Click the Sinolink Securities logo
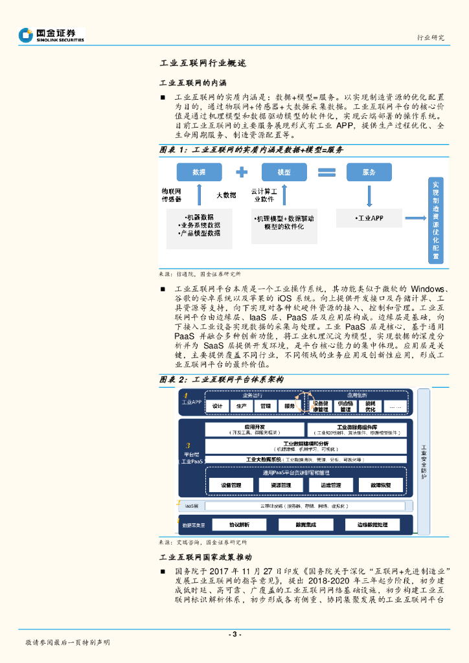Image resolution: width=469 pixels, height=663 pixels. coord(51,35)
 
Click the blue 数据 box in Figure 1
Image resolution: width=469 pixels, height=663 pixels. coord(199,172)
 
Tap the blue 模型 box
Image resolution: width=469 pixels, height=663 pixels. coord(284,172)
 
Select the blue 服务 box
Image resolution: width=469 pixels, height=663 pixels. coord(369,172)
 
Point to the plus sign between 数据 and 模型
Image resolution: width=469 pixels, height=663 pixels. coord(242,172)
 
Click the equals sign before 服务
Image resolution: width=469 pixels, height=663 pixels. coord(326,172)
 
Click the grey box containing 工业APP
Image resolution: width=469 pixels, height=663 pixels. coord(369,219)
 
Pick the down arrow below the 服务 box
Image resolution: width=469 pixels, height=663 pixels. coord(369,194)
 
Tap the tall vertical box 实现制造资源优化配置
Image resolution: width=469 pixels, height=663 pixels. coord(435,221)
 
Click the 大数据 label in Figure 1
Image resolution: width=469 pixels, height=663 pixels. coord(226,195)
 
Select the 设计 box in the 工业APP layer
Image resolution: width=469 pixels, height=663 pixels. coord(218,406)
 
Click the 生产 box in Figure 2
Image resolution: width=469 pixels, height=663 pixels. coord(242,406)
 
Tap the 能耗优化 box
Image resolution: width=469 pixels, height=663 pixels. coord(371,406)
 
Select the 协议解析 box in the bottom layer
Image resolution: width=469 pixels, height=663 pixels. coord(231,524)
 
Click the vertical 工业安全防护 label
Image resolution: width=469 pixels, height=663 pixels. coord(424,462)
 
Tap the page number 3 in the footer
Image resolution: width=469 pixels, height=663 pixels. coord(234,634)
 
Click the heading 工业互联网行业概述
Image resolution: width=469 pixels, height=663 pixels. coord(202,63)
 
